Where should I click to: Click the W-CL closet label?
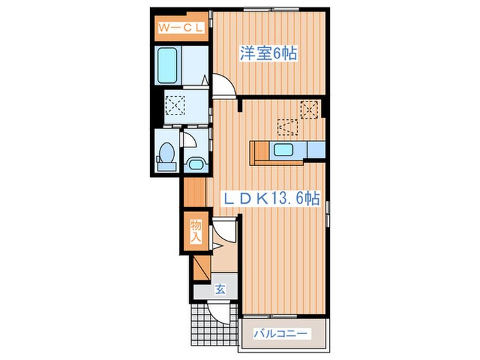coord(180,28)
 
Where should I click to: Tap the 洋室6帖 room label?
coord(269,53)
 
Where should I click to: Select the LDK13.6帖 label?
coord(272,199)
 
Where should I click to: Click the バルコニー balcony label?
coord(280,333)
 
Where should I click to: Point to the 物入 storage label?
coord(196,231)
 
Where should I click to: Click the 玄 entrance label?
coord(220,289)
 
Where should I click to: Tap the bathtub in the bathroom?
coord(167,66)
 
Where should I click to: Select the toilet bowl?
coord(167,157)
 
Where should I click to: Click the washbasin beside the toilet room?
coord(196,165)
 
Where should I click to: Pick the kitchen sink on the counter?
coord(283,149)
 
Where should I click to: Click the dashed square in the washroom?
coord(175,106)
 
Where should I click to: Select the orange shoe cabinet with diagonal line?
coord(202,267)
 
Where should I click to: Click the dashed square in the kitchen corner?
coord(309,109)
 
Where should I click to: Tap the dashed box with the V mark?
coord(287,128)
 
